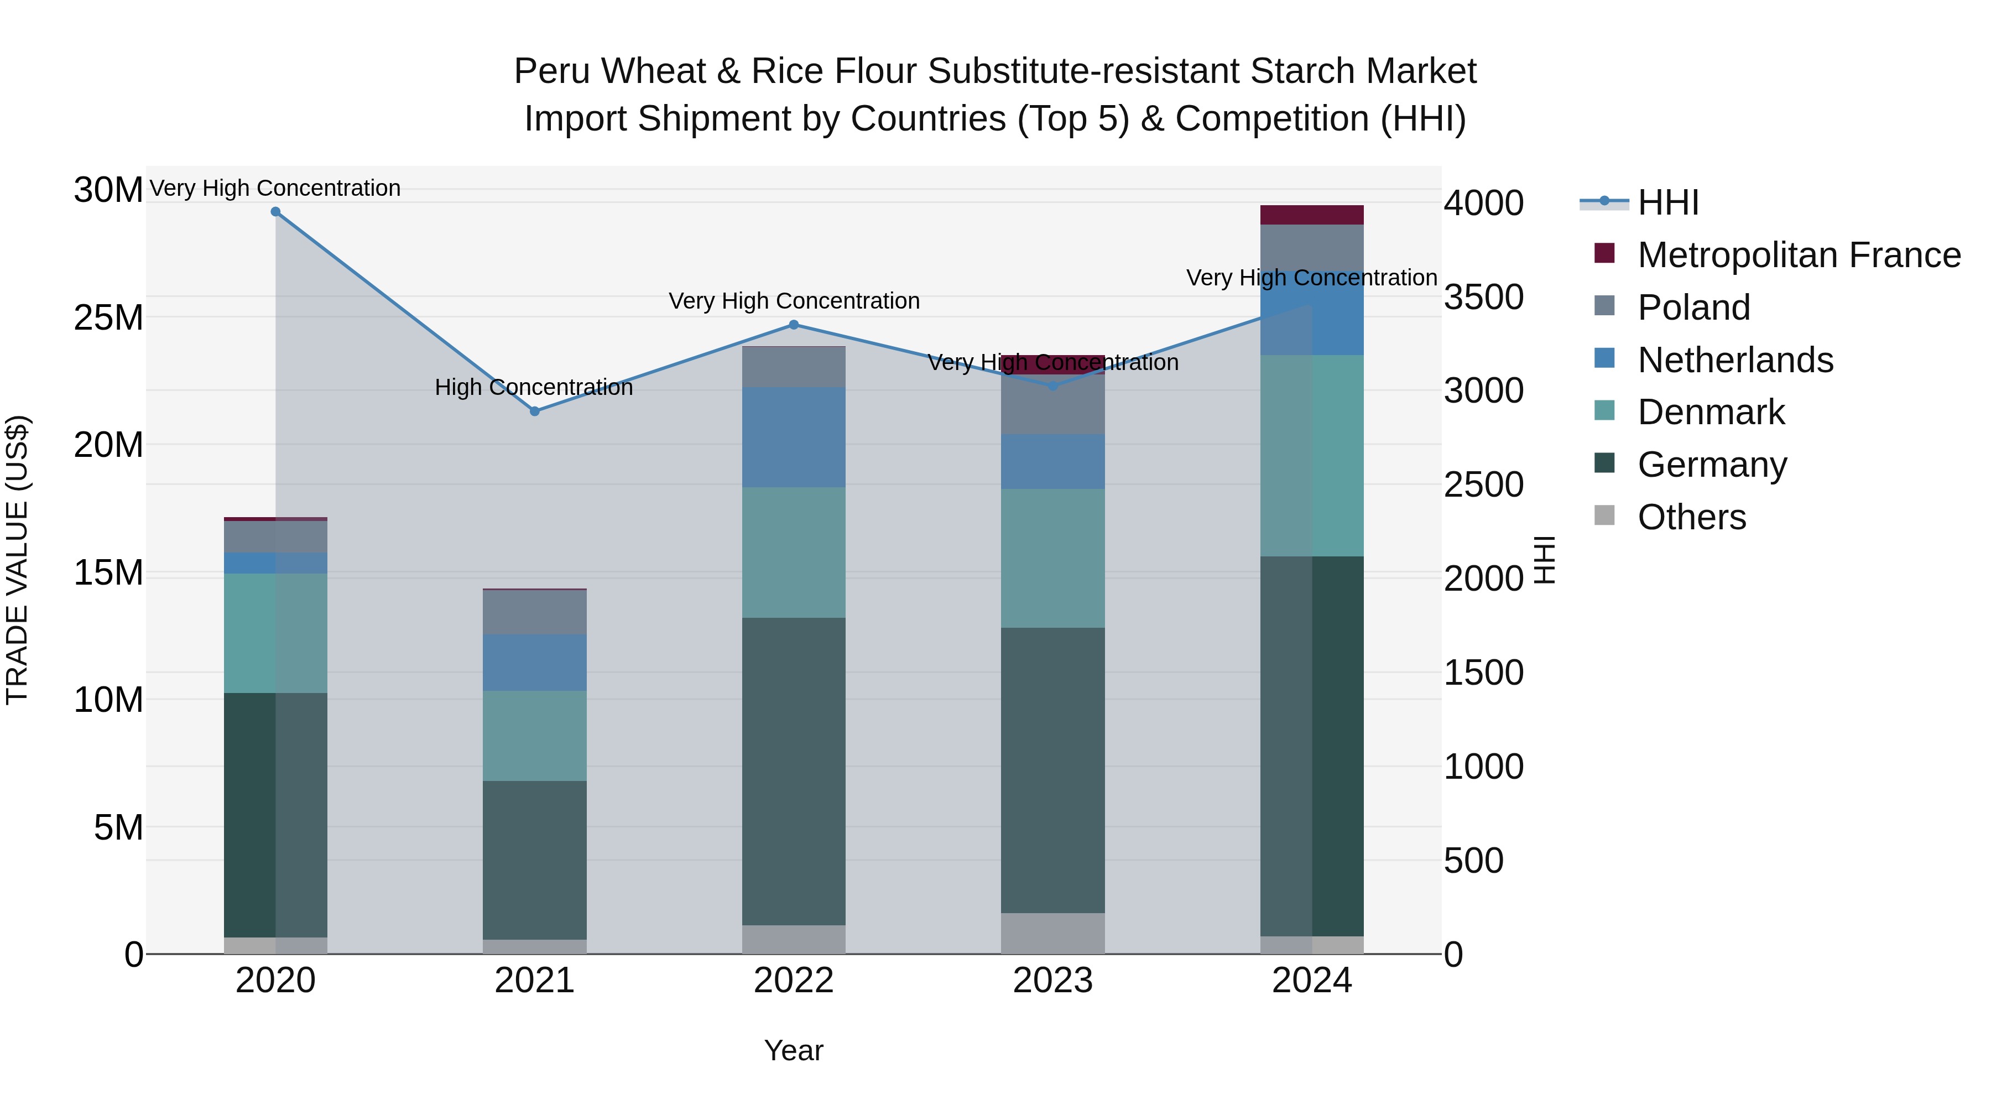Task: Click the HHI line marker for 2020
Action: point(275,212)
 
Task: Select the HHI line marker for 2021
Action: point(534,411)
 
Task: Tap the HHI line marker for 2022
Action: point(794,325)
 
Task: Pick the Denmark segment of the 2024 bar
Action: point(1312,456)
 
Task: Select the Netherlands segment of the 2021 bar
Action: point(534,663)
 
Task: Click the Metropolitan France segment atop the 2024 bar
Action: point(1312,215)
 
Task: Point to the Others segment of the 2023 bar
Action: point(1052,933)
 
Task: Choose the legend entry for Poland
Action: point(1693,308)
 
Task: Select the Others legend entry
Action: point(1691,517)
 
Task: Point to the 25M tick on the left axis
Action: point(108,317)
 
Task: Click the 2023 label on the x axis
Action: point(1052,981)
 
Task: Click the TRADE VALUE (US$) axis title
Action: point(18,560)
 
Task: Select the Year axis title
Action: point(794,1050)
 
